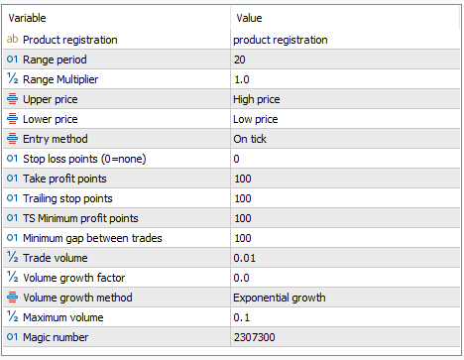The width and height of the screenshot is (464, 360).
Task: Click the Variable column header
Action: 27,18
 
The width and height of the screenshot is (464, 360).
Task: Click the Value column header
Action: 249,18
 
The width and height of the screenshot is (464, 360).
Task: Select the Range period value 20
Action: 240,60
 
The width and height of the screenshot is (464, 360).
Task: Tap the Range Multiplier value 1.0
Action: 242,79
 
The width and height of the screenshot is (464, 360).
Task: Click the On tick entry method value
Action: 250,139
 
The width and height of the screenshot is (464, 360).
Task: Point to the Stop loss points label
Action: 84,159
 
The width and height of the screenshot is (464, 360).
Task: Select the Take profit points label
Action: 64,179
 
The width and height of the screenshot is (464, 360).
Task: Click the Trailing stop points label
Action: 67,198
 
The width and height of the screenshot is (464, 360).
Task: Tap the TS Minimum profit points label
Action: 80,218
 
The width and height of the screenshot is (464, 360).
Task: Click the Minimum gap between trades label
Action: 92,238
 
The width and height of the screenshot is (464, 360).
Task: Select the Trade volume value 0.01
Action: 245,258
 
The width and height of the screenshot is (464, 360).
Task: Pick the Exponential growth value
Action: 280,298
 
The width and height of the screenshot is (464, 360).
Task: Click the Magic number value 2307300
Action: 255,337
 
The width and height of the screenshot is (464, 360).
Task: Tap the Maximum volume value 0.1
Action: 242,317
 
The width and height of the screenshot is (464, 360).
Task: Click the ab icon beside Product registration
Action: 12,39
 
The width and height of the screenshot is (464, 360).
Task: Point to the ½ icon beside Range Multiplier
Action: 13,78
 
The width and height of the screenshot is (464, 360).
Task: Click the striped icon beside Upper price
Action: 12,99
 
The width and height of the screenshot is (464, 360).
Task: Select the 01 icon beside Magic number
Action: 12,337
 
